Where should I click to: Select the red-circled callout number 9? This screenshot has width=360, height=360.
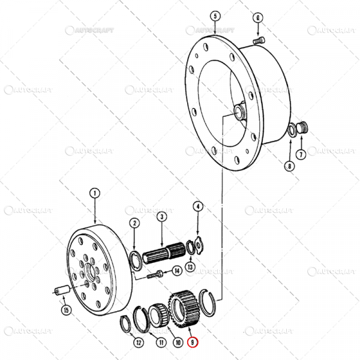pos(192,343)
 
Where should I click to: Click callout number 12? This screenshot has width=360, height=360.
pos(139,343)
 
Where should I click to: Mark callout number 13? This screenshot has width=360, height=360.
pos(190,267)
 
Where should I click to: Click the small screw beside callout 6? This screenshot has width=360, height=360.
pos(259,40)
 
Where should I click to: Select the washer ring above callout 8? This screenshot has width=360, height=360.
pos(290,131)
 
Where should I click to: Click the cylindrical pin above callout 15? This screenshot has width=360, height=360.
pos(60,292)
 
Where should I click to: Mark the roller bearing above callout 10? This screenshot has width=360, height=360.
pos(159,314)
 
